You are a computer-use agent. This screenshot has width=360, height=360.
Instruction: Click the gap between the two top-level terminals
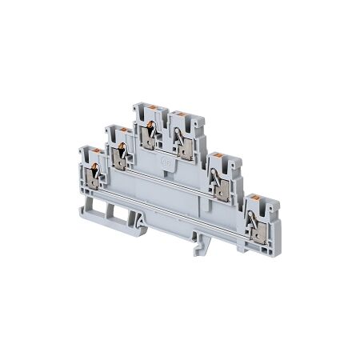(x=167, y=120)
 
